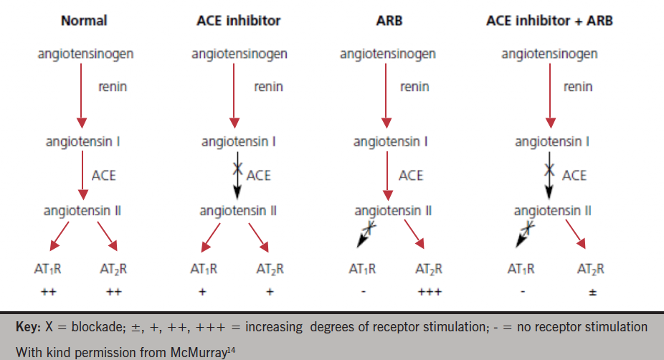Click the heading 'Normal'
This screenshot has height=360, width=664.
click(x=84, y=20)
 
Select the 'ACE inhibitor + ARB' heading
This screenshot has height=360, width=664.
click(x=549, y=20)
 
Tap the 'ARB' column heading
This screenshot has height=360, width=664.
click(x=389, y=20)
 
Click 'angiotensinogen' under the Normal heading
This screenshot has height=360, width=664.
click(x=85, y=54)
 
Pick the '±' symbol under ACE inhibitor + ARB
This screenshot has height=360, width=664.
click(x=592, y=293)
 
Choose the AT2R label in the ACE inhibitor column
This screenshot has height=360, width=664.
click(x=270, y=270)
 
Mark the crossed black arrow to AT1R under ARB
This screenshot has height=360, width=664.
click(x=368, y=233)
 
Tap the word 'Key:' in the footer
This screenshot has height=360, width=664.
click(x=29, y=327)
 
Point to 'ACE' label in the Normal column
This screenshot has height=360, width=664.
click(x=104, y=175)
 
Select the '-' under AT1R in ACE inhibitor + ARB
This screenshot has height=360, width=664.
click(x=522, y=293)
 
